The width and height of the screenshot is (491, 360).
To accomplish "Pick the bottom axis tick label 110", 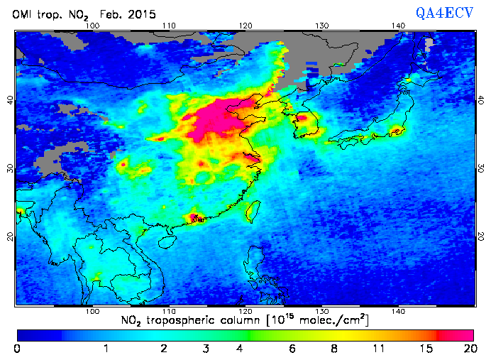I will tap(168, 311).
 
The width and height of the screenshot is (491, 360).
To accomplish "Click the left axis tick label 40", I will tap(9, 100).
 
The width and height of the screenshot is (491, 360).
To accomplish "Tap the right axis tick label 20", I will tap(482, 235).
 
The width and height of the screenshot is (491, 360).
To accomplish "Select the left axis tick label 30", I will tap(9, 168).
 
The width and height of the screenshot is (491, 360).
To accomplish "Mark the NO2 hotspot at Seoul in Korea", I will tap(301, 118).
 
